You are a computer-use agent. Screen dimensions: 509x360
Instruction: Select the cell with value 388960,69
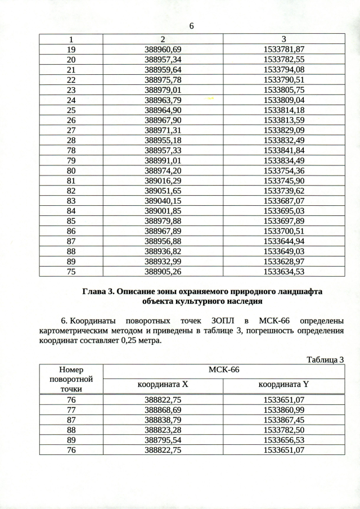click(163, 49)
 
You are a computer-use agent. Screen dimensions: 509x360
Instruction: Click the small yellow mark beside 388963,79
click(211, 98)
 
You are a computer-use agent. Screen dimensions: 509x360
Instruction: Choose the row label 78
click(71, 151)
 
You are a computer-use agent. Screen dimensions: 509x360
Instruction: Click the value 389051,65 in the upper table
click(163, 191)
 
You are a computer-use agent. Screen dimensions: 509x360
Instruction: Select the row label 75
click(71, 272)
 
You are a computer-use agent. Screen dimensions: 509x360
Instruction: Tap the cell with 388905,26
click(163, 272)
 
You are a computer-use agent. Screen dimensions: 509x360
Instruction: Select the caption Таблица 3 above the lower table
click(325, 359)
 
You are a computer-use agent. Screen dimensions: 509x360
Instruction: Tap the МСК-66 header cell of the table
click(223, 371)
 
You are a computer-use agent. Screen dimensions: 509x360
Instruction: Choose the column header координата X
click(163, 386)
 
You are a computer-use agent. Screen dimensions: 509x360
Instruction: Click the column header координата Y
click(283, 386)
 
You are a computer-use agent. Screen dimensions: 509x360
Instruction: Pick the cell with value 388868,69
click(163, 410)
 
